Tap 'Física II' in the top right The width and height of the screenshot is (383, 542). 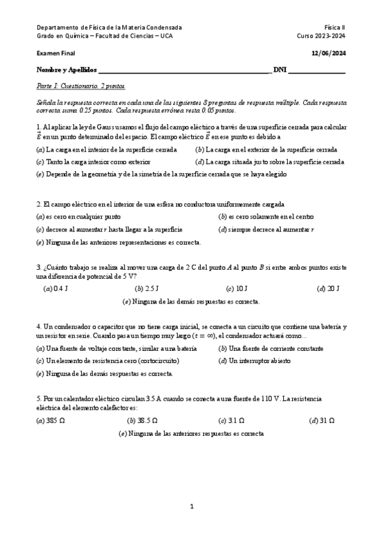[x=334, y=28]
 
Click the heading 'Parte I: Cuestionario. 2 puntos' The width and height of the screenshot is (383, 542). [x=81, y=85]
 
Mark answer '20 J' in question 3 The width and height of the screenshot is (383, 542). [x=328, y=288]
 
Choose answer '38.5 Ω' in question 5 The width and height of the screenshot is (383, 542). [x=143, y=421]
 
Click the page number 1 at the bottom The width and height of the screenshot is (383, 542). [x=191, y=507]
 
